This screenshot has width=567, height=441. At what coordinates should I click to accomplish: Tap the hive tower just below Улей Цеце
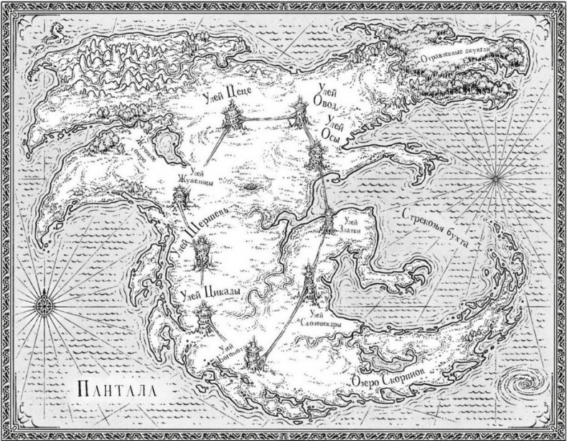(233, 115)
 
